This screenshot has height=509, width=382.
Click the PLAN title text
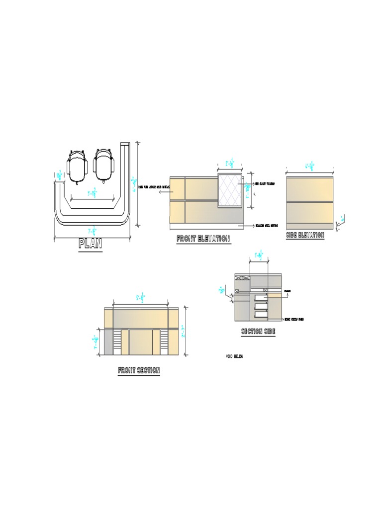pyautogui.click(x=90, y=244)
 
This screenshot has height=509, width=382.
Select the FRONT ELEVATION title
pyautogui.click(x=203, y=239)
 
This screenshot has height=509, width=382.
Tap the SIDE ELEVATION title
pyautogui.click(x=305, y=235)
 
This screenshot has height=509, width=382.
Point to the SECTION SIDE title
pyautogui.click(x=258, y=332)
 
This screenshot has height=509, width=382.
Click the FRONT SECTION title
pyautogui.click(x=139, y=370)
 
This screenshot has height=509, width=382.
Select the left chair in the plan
pyautogui.click(x=77, y=166)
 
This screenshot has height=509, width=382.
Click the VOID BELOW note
pyautogui.click(x=235, y=356)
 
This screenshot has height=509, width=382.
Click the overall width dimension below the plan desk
pyautogui.click(x=92, y=231)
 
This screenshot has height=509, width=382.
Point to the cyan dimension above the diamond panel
pyautogui.click(x=230, y=163)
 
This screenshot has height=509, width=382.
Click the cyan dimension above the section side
pyautogui.click(x=259, y=256)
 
